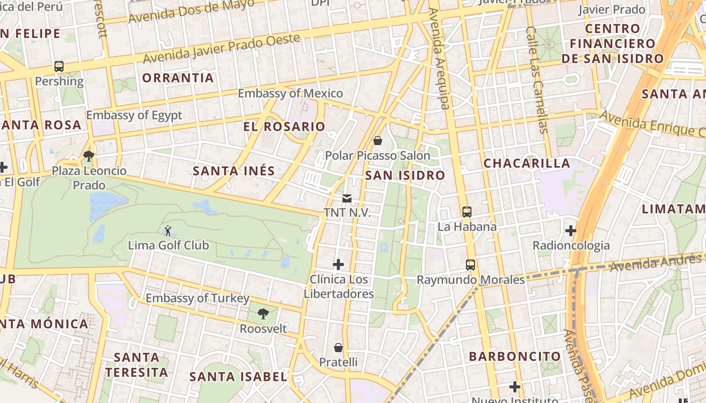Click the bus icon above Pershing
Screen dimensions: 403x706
pos(59,66)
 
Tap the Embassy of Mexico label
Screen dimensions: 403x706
pos(290,94)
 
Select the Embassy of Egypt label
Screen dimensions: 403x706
pos(134,115)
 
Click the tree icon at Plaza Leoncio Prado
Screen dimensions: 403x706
pos(89,156)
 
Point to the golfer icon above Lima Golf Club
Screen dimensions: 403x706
pos(168,231)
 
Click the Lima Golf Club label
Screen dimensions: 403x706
pos(168,246)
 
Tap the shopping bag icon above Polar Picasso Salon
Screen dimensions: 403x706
pos(377,141)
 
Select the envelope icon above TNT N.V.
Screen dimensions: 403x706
pos(347,198)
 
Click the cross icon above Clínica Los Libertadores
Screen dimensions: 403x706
pos(338,264)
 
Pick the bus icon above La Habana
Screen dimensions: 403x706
pos(466,212)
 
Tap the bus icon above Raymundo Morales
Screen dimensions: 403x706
pos(470,265)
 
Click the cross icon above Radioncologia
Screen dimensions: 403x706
pos(571,231)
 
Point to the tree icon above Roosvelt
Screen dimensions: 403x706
pos(263,314)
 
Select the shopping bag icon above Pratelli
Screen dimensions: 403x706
pos(338,348)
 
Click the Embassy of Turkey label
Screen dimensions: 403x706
pos(197,298)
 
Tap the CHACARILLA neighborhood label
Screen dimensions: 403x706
pos(526,163)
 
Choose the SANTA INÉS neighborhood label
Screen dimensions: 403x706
pos(234,171)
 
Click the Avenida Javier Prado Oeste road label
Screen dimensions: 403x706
pos(222,49)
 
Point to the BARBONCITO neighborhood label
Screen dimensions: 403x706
pos(515,356)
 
